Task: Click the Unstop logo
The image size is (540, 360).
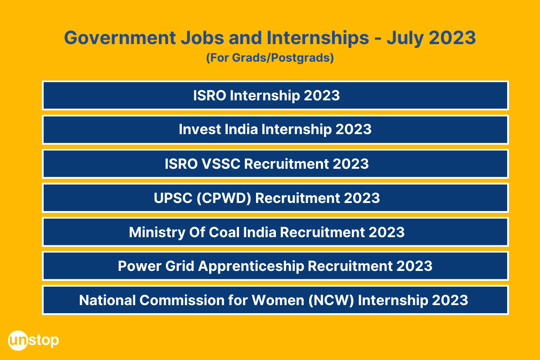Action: coord(33,340)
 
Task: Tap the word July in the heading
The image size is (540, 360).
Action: coord(404,38)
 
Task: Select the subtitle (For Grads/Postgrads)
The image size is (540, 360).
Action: coord(270,58)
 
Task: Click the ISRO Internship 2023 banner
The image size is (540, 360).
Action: coord(275,95)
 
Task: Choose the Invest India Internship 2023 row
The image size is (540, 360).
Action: coord(275,130)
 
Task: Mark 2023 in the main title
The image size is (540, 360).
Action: coord(452,38)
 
